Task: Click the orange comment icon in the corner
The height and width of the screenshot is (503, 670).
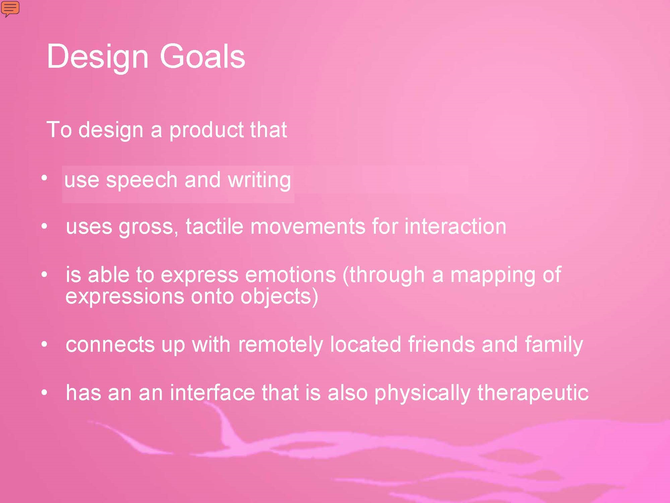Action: click(10, 8)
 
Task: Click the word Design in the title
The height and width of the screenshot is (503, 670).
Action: click(97, 57)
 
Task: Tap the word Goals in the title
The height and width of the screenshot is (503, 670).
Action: click(202, 56)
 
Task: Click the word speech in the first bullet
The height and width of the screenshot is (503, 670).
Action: click(142, 181)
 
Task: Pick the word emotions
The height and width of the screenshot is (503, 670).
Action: click(290, 275)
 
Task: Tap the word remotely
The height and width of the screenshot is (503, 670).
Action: click(281, 345)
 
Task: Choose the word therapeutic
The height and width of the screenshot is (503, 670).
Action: click(533, 393)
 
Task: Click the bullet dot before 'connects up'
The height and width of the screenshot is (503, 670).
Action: click(44, 344)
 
